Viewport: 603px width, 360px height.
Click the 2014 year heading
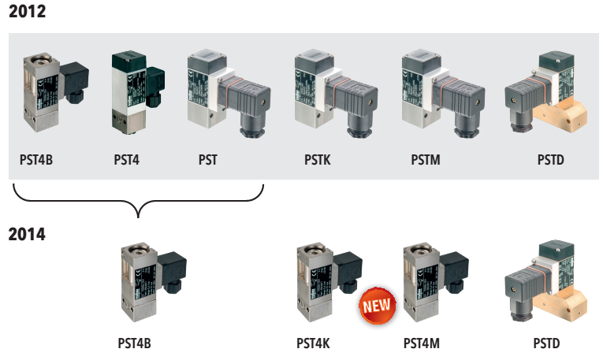coord(26,234)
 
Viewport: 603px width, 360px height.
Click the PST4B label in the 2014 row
coord(133,343)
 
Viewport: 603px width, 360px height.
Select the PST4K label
coord(312,343)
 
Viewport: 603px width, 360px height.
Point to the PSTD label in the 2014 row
coord(546,343)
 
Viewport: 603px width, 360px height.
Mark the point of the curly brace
coord(139,213)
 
